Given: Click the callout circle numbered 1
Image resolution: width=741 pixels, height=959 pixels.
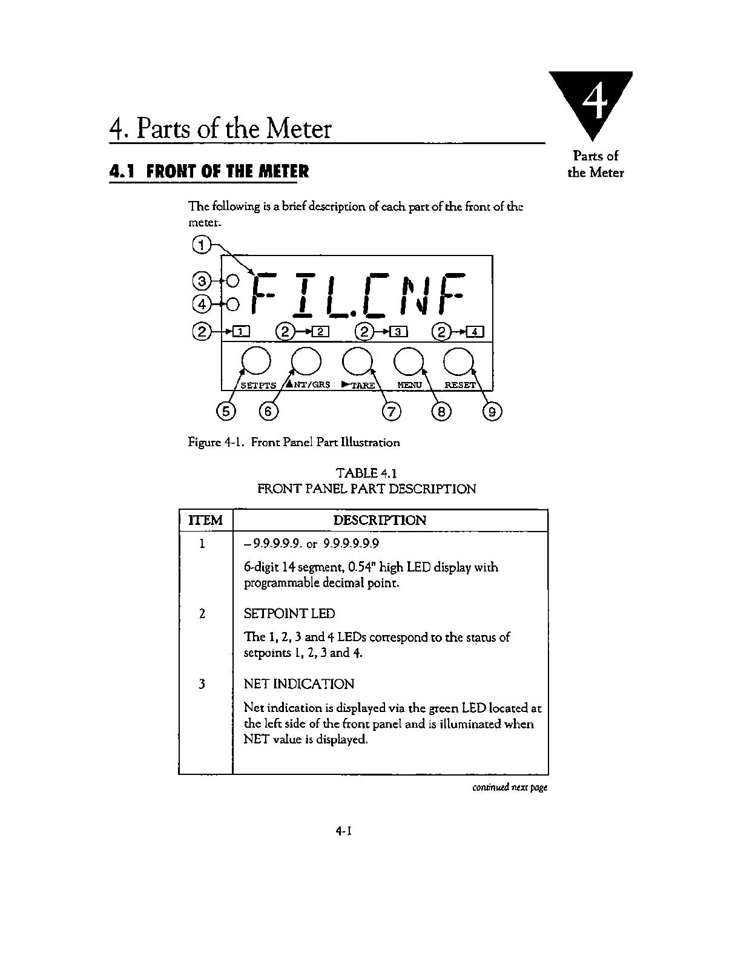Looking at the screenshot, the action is coord(201,245).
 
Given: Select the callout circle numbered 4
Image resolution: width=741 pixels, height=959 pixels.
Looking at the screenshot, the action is coord(201,303).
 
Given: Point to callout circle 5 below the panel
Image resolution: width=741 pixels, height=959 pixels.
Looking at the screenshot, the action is coord(225,412).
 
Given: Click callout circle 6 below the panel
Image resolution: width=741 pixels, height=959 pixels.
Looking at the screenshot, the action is coord(268,412).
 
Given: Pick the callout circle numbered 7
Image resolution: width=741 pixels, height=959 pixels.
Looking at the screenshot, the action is coord(391,412).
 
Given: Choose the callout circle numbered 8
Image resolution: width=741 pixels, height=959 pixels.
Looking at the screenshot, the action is coord(441,412).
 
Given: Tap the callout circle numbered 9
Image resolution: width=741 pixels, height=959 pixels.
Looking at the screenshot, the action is coord(492,412).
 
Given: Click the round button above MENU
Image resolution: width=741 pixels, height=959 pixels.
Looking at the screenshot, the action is coord(409,362).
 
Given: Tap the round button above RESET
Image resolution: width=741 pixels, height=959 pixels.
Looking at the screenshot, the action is coord(459,362).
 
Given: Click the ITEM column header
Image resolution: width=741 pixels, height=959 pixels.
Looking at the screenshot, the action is coord(206,520).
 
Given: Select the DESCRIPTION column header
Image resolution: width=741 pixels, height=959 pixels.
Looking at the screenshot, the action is coord(380,520).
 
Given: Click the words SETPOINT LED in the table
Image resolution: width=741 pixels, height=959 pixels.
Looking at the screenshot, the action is coord(289,613).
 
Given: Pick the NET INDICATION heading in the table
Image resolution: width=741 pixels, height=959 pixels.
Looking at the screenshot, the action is coord(298,684).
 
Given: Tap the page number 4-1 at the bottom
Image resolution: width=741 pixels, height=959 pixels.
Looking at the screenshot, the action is coord(344,831).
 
